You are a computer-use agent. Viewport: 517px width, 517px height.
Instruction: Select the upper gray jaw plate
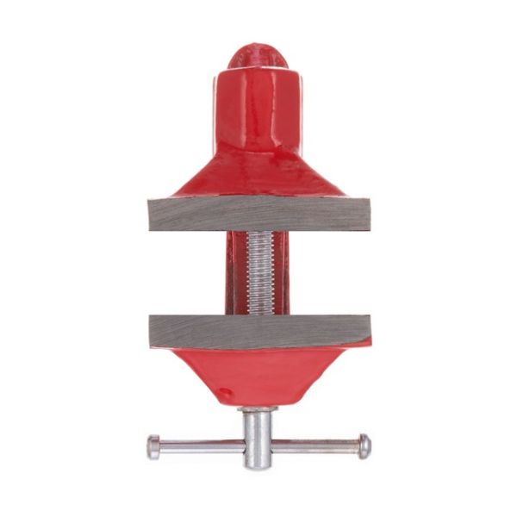[258, 214]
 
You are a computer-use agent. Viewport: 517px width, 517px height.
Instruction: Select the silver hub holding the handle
[258, 435]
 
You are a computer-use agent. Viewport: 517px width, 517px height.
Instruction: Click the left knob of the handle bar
[153, 446]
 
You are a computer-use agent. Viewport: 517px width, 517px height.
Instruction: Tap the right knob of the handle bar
[364, 445]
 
